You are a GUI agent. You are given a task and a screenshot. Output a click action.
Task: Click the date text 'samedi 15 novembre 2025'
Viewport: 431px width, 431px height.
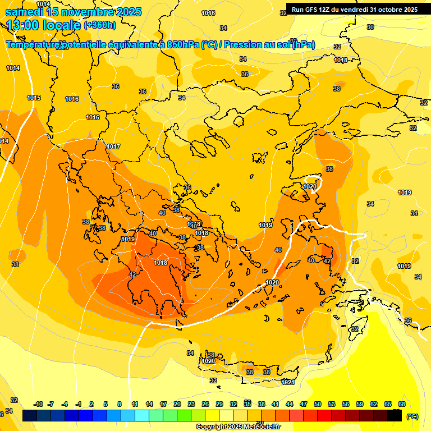[73, 12]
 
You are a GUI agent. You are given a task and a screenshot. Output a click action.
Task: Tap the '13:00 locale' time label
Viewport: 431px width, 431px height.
[44, 25]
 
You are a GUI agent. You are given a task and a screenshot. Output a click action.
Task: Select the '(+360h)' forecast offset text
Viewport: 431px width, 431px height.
[99, 25]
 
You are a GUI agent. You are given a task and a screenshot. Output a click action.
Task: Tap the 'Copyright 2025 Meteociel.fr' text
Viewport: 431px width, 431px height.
[238, 427]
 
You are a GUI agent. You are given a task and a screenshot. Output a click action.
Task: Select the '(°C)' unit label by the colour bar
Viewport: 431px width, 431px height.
[412, 417]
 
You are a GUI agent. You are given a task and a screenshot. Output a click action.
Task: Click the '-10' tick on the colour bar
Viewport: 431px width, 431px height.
[38, 404]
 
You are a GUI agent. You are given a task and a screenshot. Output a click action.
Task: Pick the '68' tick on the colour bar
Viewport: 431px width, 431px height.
[402, 404]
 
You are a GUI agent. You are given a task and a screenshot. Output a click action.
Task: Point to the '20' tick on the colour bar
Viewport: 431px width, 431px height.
[177, 404]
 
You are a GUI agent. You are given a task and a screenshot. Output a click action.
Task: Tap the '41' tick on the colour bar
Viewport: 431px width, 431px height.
[276, 404]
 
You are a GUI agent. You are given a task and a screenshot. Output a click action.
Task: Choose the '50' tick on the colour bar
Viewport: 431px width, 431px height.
[318, 404]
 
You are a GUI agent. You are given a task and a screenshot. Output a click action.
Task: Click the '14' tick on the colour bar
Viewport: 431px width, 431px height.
[149, 404]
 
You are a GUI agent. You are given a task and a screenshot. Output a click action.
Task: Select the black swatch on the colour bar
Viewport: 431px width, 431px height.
[395, 415]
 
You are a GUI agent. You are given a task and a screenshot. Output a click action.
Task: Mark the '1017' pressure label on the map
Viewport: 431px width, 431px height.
[113, 146]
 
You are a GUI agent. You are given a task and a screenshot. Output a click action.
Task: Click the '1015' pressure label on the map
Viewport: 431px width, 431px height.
[34, 98]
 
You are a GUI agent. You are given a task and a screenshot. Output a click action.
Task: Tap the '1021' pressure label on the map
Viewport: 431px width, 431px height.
[288, 382]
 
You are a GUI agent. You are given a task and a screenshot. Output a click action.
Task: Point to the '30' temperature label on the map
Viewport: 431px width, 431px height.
[370, 27]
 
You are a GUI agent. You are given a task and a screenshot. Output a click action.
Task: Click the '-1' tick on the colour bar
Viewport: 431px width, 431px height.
[79, 404]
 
